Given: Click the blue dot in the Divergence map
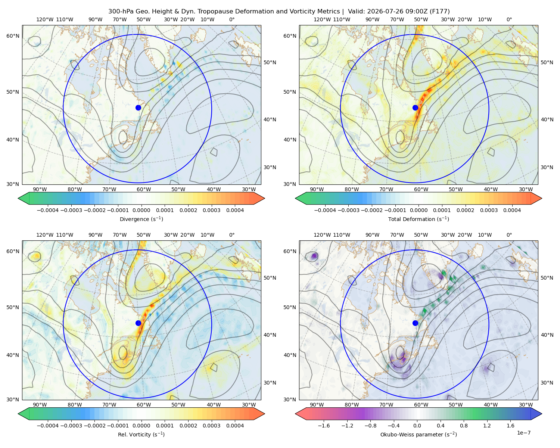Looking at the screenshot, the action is (138, 108).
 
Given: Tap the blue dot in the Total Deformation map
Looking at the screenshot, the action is (415, 108).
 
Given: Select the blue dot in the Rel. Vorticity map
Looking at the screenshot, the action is (138, 323).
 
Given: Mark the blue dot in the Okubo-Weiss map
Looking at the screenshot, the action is (415, 323).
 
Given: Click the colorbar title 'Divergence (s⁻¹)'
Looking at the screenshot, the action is (141, 219).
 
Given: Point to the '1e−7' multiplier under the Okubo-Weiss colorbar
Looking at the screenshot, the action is (523, 433).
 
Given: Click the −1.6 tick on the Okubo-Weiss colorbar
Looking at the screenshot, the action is (324, 426).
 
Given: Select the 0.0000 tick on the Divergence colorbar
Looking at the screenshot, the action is (141, 210).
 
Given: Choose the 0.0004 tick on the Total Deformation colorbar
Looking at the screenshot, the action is (512, 210).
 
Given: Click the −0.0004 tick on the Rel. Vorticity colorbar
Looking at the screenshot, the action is (48, 426).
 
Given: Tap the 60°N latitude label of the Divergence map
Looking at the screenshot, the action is (13, 36).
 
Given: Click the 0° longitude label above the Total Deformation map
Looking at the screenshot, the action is (509, 19).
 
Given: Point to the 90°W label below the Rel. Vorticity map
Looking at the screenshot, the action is (40, 405).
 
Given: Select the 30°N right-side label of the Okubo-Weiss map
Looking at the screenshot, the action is (547, 383).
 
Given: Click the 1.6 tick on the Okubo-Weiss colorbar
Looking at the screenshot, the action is (511, 426).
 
